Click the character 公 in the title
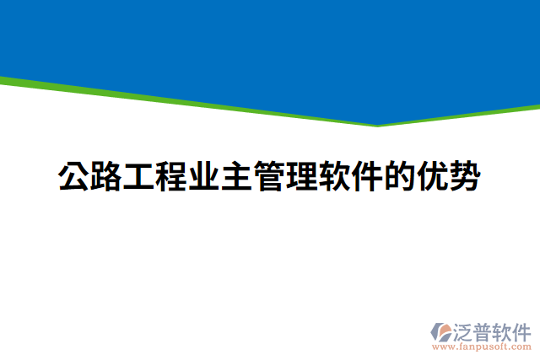(x=73, y=178)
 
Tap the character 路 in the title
(x=106, y=178)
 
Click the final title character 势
(x=465, y=178)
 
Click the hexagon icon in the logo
(x=440, y=330)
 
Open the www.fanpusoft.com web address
(x=481, y=346)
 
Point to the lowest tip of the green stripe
(x=377, y=126)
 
